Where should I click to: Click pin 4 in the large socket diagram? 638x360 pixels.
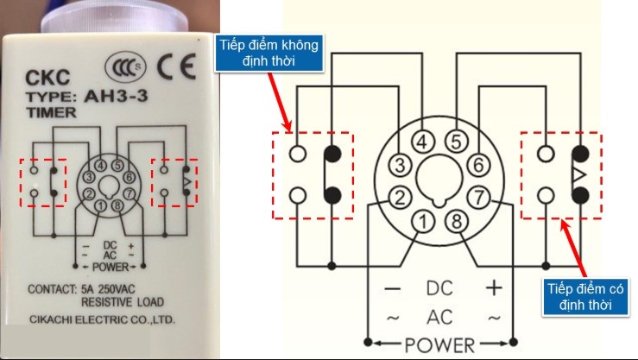click(422, 142)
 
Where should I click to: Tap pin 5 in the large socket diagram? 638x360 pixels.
click(457, 142)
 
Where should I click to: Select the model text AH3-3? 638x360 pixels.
click(115, 96)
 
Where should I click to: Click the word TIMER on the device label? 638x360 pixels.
click(47, 111)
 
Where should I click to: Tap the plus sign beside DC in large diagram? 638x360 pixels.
click(495, 287)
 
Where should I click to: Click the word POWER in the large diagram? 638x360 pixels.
click(440, 346)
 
